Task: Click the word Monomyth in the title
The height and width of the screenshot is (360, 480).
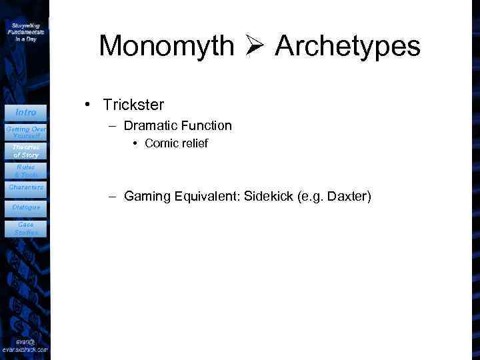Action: coord(166,46)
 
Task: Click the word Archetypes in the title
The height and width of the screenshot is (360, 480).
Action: coord(347,46)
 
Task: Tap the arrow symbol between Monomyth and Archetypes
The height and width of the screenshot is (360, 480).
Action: coord(255,46)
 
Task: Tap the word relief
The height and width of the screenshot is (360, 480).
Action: coord(194,143)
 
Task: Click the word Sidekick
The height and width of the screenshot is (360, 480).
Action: coord(270,197)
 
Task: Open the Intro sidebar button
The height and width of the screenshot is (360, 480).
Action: coord(25,112)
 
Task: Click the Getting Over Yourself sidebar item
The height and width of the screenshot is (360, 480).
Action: coord(25,131)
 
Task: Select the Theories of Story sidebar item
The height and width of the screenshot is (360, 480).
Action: coord(25,151)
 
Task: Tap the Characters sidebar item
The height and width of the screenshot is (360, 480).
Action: coord(25,188)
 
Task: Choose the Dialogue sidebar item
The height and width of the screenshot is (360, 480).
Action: coord(25,207)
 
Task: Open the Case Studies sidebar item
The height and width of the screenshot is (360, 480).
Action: coord(25,229)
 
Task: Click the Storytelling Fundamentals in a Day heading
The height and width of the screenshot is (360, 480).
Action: coord(26,31)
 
